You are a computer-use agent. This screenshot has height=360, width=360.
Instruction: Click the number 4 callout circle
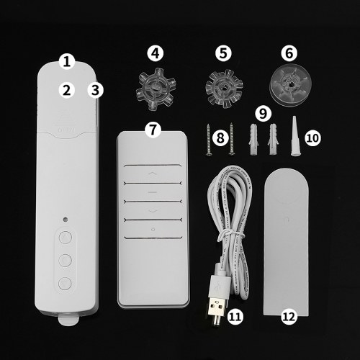[156, 53]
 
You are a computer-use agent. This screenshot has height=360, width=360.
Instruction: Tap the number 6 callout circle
[289, 53]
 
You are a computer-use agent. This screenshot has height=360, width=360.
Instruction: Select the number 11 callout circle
[235, 317]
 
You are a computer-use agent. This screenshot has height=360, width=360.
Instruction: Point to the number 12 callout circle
[289, 317]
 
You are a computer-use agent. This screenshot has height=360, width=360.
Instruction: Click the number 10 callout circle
[312, 138]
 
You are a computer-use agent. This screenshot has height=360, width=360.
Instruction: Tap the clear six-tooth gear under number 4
[156, 89]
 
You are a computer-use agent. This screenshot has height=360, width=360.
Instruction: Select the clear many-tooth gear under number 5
[224, 89]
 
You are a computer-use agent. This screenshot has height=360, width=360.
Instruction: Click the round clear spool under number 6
[291, 87]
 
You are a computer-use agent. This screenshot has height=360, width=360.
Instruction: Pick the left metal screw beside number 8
[208, 140]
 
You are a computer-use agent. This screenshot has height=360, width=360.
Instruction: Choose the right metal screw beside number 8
[232, 139]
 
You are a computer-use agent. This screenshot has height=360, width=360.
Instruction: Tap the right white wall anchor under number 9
[273, 140]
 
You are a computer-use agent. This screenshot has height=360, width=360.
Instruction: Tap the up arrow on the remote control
[152, 174]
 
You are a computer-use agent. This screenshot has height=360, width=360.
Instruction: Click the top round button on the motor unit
[66, 238]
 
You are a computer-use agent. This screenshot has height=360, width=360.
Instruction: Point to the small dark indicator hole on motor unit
[65, 220]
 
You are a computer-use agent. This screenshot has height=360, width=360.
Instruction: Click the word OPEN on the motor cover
[66, 130]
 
